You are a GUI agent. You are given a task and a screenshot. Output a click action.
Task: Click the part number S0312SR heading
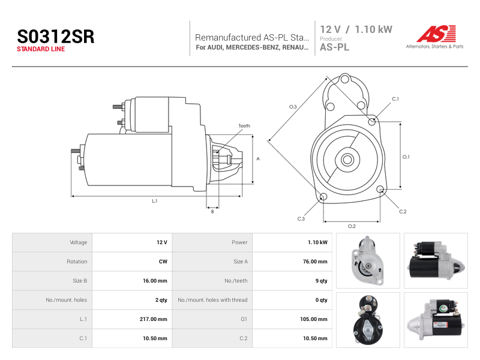point(56,37)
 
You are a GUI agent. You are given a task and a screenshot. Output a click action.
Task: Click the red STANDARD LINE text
point(41,49)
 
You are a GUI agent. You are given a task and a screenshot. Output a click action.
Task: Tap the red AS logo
point(436,34)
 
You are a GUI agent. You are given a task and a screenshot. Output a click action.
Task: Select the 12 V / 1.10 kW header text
point(356,29)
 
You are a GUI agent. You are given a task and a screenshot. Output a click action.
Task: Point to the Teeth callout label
point(244,126)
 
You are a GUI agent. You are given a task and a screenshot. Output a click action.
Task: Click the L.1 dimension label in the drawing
point(155,201)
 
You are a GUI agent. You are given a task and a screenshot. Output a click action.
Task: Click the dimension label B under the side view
point(212,212)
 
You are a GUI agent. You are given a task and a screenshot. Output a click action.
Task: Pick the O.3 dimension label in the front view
point(293,107)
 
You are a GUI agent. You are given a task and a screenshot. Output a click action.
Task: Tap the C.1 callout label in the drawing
point(395,99)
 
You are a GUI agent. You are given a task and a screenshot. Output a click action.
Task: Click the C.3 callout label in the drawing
point(301,218)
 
